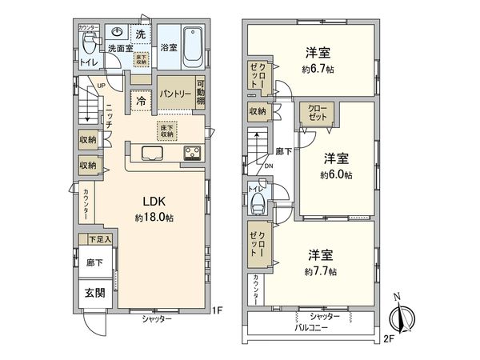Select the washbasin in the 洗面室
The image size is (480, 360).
click(117, 33)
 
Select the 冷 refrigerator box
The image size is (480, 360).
click(141, 102)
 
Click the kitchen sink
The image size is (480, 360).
click(153, 153)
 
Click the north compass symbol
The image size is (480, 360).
click(402, 314)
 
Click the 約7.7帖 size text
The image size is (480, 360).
click(319, 272)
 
